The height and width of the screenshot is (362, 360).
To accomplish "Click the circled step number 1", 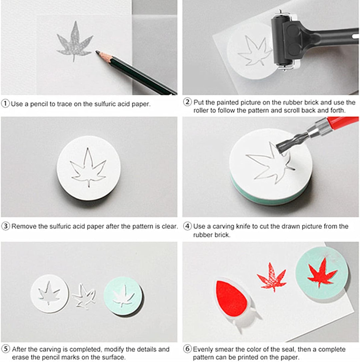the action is point(5,103).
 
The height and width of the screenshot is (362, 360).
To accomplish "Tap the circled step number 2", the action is point(187,102).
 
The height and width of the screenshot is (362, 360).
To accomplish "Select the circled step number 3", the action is point(6,226).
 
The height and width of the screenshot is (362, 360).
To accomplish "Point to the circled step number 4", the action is point(187,226).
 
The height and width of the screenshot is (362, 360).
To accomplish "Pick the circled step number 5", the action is point(6,349).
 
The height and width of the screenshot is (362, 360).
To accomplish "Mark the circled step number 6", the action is point(187,349).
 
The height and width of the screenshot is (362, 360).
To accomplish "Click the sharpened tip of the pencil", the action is point(97,51).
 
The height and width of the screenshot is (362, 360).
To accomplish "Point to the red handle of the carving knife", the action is point(342,122).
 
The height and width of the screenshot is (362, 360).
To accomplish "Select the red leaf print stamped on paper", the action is point(271,277).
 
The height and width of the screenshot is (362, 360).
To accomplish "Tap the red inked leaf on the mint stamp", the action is point(322,273).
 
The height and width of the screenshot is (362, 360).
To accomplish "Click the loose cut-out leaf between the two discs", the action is point(84,296).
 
